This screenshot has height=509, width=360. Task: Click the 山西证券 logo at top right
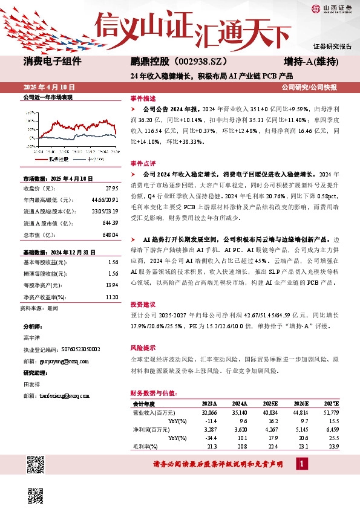tap(332, 8)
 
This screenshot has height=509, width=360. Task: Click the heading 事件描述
tap(143, 98)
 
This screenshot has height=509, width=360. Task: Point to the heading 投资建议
tap(143, 322)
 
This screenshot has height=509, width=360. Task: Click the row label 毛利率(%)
tap(146, 446)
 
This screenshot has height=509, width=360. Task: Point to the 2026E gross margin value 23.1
tap(300, 446)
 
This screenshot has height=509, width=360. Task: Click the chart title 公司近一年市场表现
tap(47, 97)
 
